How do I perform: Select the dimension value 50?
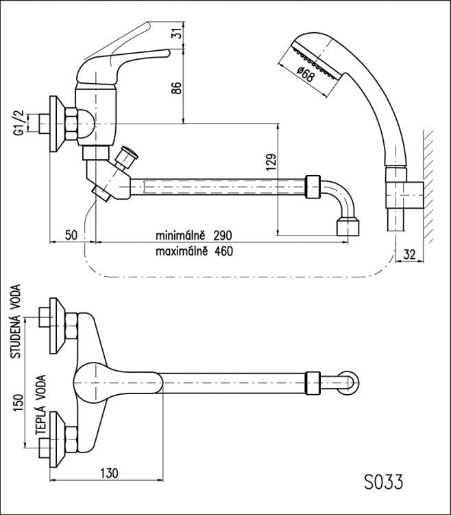pos(71,236)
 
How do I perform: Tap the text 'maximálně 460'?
pos(194,251)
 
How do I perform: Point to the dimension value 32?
pos(410,254)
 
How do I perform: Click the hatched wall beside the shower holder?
pos(429,185)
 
